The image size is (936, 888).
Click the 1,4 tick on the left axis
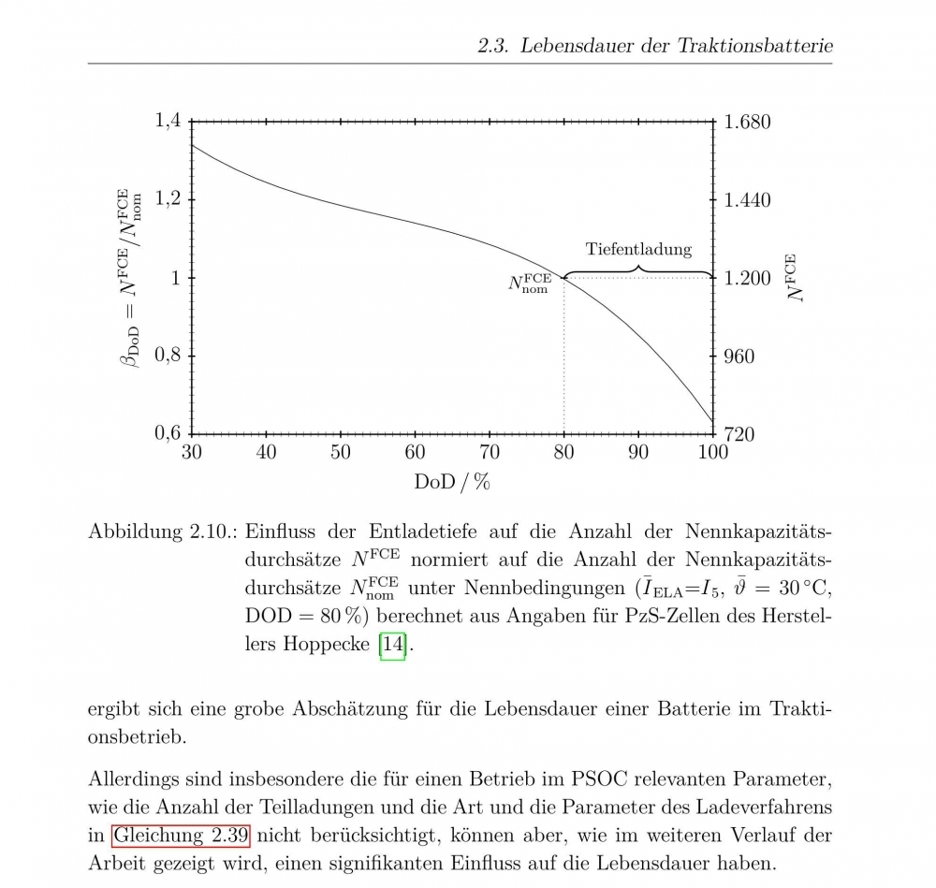(168, 122)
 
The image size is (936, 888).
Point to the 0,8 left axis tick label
(168, 356)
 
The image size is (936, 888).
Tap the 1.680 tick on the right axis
(748, 122)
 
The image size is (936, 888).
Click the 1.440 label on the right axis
(748, 200)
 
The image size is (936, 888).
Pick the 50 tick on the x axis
(341, 453)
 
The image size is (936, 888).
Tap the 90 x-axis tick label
(639, 453)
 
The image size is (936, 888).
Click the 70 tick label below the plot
(490, 453)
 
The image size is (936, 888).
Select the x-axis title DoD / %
(453, 483)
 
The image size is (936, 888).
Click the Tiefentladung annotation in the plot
(638, 249)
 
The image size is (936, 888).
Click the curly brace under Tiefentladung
(638, 271)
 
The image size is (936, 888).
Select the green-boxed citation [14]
(392, 646)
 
